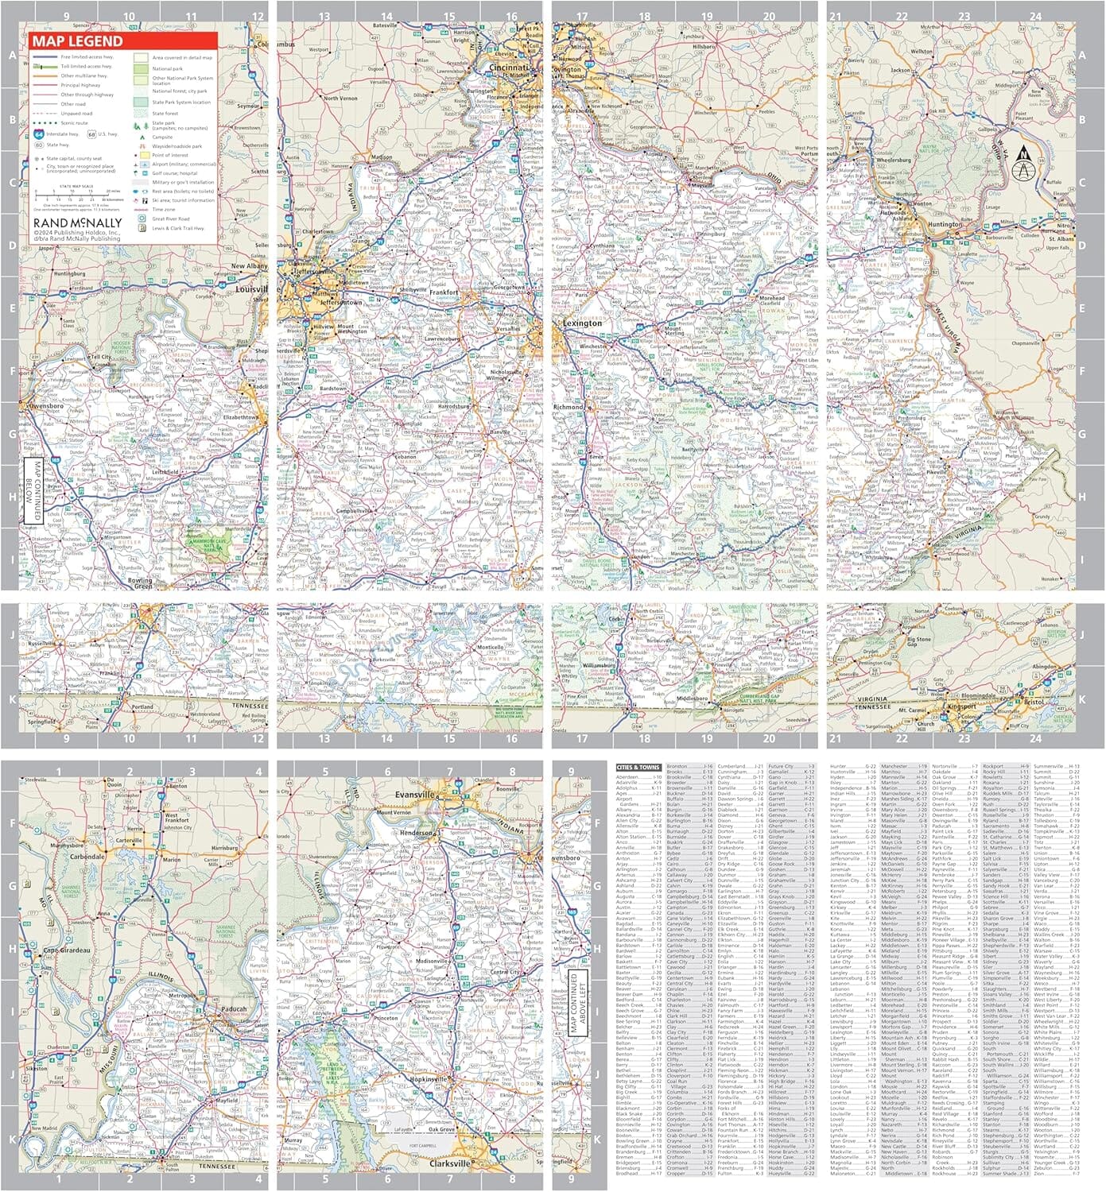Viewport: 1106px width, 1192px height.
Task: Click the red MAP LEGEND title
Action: click(x=78, y=41)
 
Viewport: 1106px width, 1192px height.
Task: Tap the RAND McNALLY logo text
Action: click(x=78, y=223)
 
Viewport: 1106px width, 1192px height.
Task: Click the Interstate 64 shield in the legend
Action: click(x=40, y=134)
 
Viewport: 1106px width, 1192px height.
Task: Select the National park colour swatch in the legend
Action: click(x=141, y=69)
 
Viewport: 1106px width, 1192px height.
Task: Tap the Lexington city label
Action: click(x=584, y=323)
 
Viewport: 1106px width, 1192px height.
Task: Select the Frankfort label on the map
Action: click(x=444, y=292)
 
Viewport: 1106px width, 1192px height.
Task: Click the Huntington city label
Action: click(x=945, y=225)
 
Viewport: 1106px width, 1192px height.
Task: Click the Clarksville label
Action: click(x=450, y=1163)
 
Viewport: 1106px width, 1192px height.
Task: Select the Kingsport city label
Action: click(x=960, y=706)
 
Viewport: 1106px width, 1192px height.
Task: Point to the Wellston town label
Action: click(x=922, y=51)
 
